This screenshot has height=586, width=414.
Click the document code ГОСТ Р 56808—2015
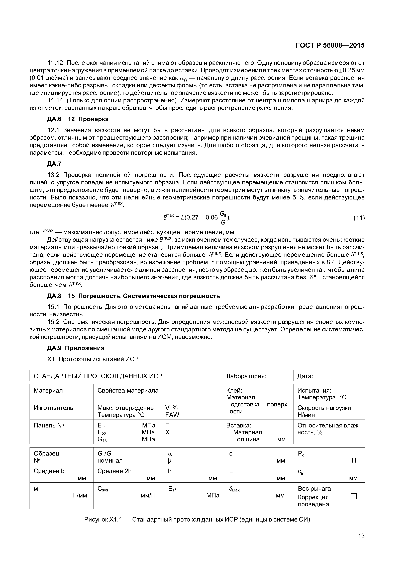click(330, 45)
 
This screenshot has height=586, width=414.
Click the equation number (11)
click(359, 218)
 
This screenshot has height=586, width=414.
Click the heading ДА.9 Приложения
click(76, 348)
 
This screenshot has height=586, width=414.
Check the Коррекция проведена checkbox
click(354, 496)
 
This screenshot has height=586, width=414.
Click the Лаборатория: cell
click(246, 376)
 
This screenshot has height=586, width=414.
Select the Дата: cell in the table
click(305, 376)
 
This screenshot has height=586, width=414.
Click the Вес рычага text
click(314, 488)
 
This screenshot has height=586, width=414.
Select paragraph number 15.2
click(53, 322)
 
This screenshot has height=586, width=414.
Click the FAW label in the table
click(172, 415)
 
